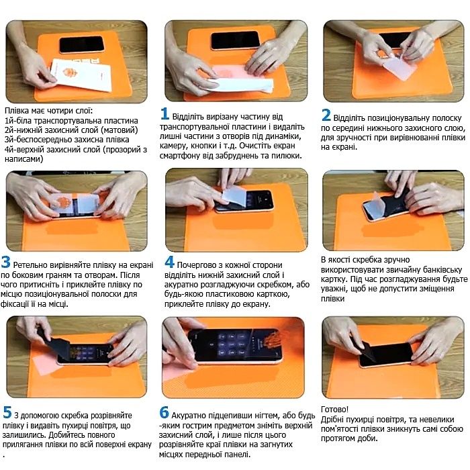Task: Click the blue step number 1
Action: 164,113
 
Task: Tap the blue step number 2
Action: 326,115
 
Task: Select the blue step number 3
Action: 5,262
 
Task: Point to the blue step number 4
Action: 169,262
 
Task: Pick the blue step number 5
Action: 7,412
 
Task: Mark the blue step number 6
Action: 164,412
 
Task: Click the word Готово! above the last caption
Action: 334,409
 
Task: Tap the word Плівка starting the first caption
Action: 17,111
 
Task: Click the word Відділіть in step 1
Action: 188,116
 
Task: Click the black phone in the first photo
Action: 82,45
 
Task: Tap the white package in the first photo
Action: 81,75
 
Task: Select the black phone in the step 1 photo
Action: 235,40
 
